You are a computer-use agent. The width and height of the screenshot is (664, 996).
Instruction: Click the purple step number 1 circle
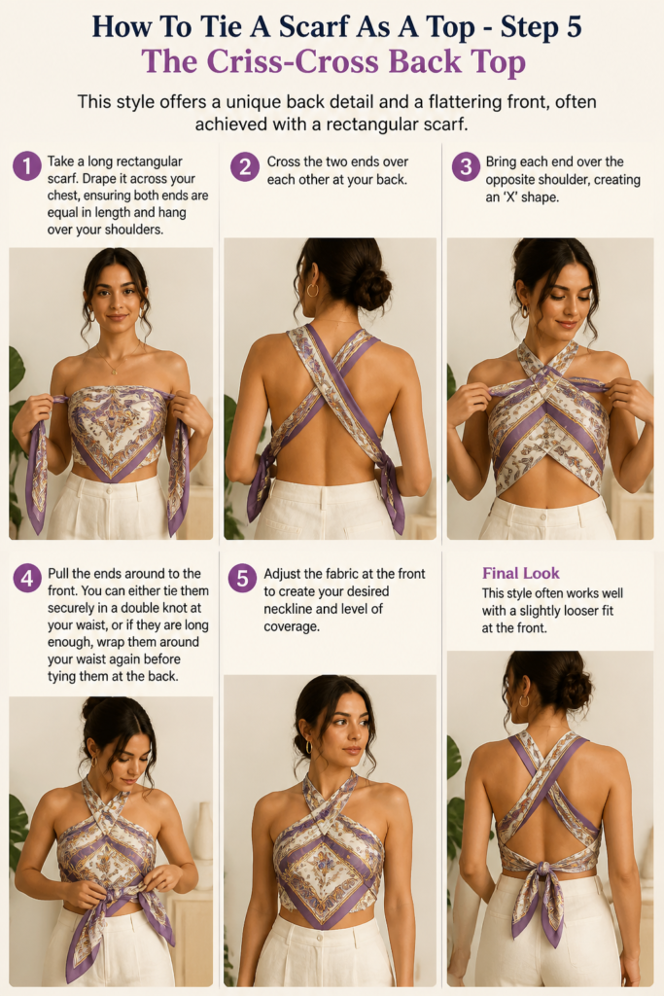click(x=26, y=165)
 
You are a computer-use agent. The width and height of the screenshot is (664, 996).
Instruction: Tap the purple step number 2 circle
click(x=244, y=167)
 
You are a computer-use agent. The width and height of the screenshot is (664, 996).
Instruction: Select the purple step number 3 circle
click(x=466, y=167)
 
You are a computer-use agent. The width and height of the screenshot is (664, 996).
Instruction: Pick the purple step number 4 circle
click(x=27, y=579)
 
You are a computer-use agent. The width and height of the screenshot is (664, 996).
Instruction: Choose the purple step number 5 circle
click(x=242, y=579)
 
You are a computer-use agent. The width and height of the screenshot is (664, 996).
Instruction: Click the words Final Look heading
click(x=520, y=573)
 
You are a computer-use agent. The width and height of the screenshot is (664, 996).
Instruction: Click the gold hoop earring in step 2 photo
click(x=312, y=290)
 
